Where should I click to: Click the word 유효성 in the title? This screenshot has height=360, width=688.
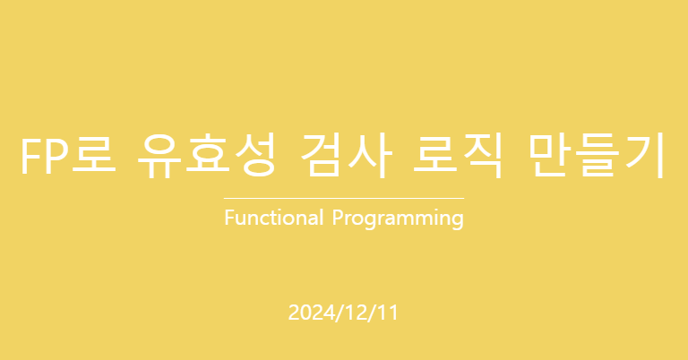206,156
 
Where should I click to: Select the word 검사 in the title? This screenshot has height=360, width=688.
347,156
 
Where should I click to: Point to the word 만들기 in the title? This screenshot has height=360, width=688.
598,156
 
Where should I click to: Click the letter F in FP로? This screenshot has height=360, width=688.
30,157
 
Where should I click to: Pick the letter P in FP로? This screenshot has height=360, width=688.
56,157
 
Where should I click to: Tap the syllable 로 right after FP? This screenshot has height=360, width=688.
94,156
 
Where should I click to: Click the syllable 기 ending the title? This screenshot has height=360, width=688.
645,156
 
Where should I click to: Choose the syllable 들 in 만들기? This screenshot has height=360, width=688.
598,156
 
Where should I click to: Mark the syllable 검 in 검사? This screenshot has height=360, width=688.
322,156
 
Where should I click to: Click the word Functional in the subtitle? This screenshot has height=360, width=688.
274,218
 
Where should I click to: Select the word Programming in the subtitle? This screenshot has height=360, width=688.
398,219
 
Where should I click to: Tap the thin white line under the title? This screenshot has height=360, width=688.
344,199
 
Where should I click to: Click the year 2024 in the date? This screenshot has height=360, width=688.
312,313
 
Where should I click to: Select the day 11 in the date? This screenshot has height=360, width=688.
388,313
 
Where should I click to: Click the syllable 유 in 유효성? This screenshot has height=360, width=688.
159,156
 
